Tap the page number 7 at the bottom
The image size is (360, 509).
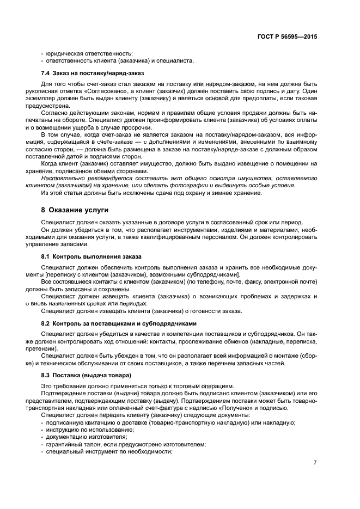point(315,462)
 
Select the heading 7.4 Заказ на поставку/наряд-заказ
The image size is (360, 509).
point(92,72)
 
